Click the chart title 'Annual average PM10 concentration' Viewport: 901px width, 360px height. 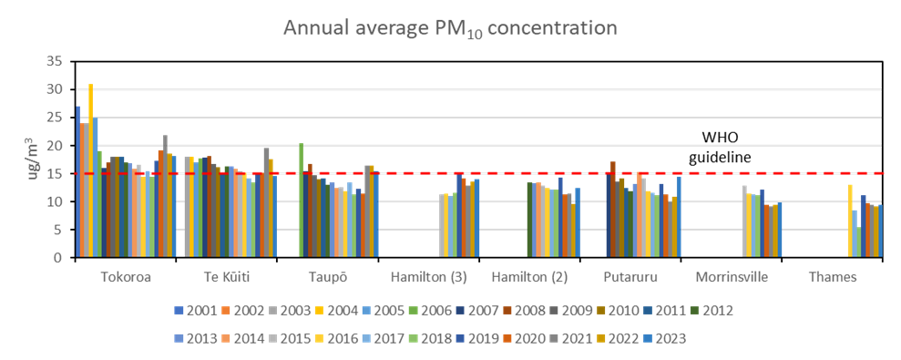pyautogui.click(x=450, y=28)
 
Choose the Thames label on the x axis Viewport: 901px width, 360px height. pyautogui.click(x=832, y=277)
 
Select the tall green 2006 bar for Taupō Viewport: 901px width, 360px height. pyautogui.click(x=301, y=201)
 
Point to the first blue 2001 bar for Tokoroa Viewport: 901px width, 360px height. pyautogui.click(x=77, y=182)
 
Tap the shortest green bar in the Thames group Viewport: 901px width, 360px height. pyautogui.click(x=858, y=242)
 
